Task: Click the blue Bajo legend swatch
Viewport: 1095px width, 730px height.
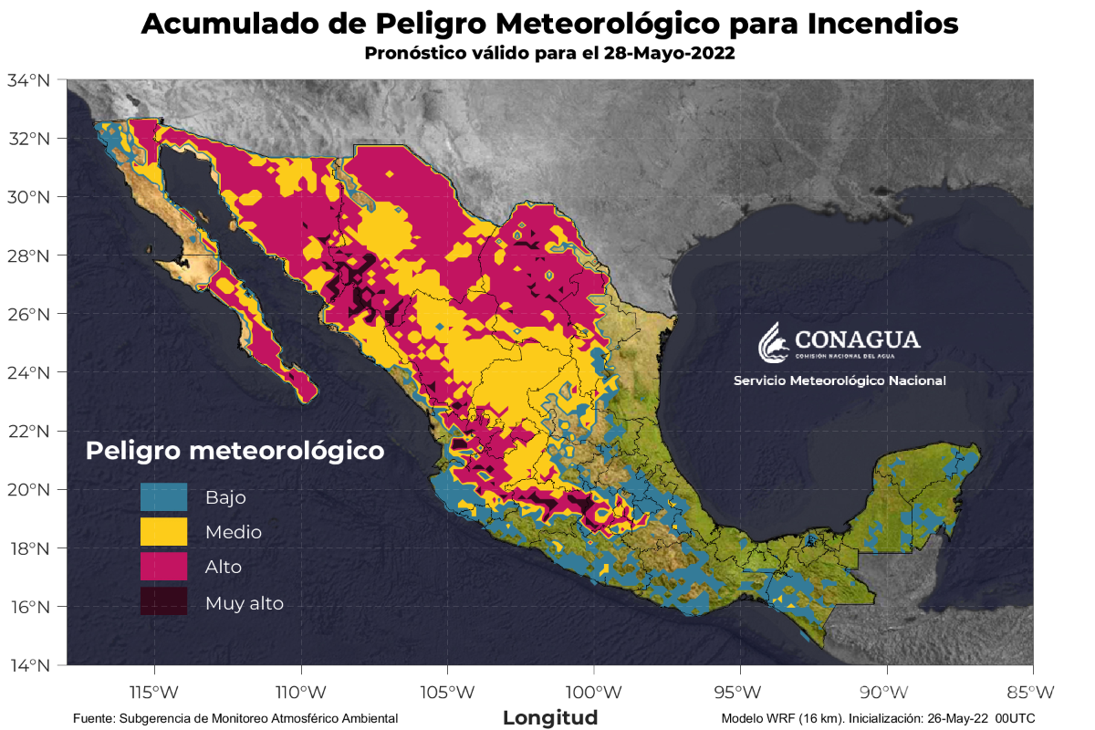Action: point(163,497)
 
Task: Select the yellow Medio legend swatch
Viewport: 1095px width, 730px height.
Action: point(163,532)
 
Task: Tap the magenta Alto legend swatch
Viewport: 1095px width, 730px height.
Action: point(163,567)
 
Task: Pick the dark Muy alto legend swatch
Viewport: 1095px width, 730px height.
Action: point(163,602)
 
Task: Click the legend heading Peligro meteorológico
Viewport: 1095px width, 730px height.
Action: point(235,451)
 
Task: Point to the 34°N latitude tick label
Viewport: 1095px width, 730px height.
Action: point(29,80)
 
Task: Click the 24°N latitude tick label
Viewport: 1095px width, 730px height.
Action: point(29,372)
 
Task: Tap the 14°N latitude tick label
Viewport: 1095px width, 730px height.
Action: point(29,665)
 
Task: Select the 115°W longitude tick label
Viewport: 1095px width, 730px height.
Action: point(154,691)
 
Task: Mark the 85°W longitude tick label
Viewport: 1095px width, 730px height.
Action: point(1033,691)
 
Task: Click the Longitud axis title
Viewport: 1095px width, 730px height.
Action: point(550,717)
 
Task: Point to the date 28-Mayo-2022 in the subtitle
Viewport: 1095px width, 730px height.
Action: point(669,54)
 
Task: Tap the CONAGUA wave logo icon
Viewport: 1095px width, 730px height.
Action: point(772,340)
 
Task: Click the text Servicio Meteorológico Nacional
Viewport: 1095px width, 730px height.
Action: point(839,381)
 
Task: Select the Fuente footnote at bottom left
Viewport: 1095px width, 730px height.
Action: point(235,718)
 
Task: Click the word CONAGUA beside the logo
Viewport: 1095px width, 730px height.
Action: point(858,339)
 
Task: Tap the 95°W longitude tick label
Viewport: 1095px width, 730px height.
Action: point(740,691)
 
